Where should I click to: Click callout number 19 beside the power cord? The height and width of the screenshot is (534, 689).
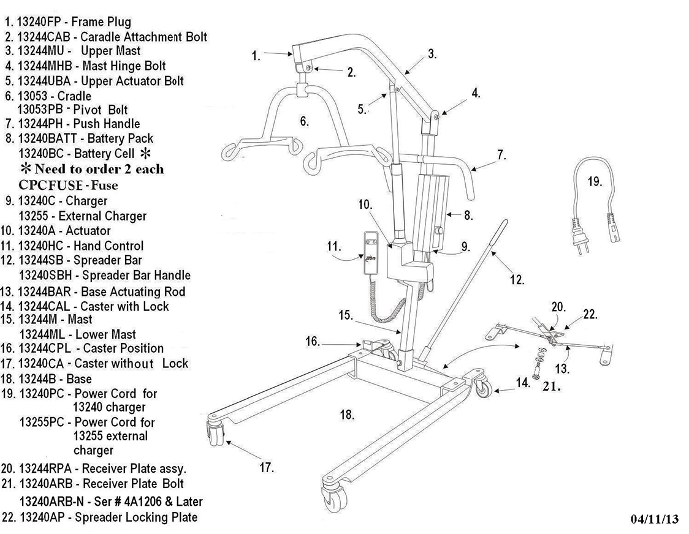594,182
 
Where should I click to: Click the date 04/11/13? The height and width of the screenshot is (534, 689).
654,519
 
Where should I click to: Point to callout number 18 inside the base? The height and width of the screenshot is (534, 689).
347,415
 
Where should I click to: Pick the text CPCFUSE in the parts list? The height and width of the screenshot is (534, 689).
51,185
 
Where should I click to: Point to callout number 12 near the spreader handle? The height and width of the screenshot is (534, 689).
517,280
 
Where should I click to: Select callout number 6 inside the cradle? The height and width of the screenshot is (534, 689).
304,122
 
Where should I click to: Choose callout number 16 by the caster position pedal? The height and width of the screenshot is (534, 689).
313,341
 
